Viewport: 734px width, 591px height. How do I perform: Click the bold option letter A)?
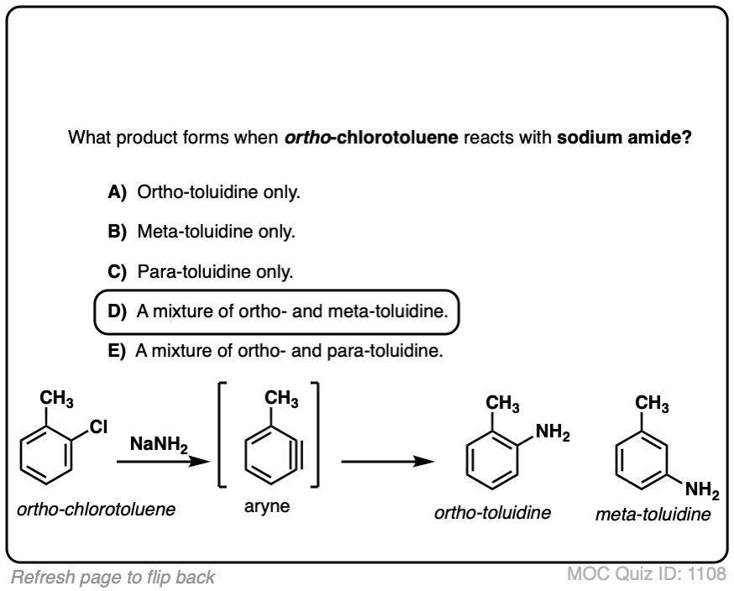click(x=117, y=192)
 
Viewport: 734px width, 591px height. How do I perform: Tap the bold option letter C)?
click(x=117, y=273)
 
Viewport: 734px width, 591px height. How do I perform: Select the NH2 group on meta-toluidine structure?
click(x=702, y=489)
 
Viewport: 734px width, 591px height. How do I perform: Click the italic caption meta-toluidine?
click(x=652, y=513)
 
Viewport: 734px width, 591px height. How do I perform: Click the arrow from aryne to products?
click(x=387, y=461)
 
